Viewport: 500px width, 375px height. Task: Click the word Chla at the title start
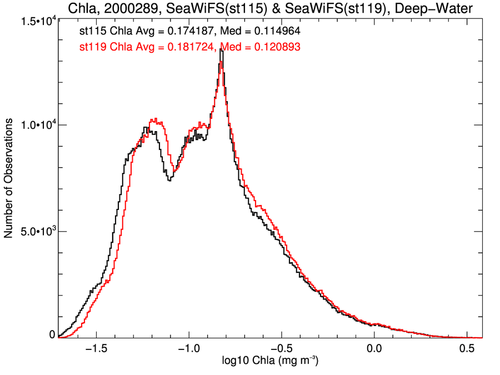[82, 8]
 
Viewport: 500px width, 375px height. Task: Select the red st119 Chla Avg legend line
[189, 48]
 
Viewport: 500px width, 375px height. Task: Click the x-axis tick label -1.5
[96, 349]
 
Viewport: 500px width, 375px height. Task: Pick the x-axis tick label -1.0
[189, 349]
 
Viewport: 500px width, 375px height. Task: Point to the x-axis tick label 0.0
[374, 349]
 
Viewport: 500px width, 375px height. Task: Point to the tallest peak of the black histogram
[221, 50]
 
